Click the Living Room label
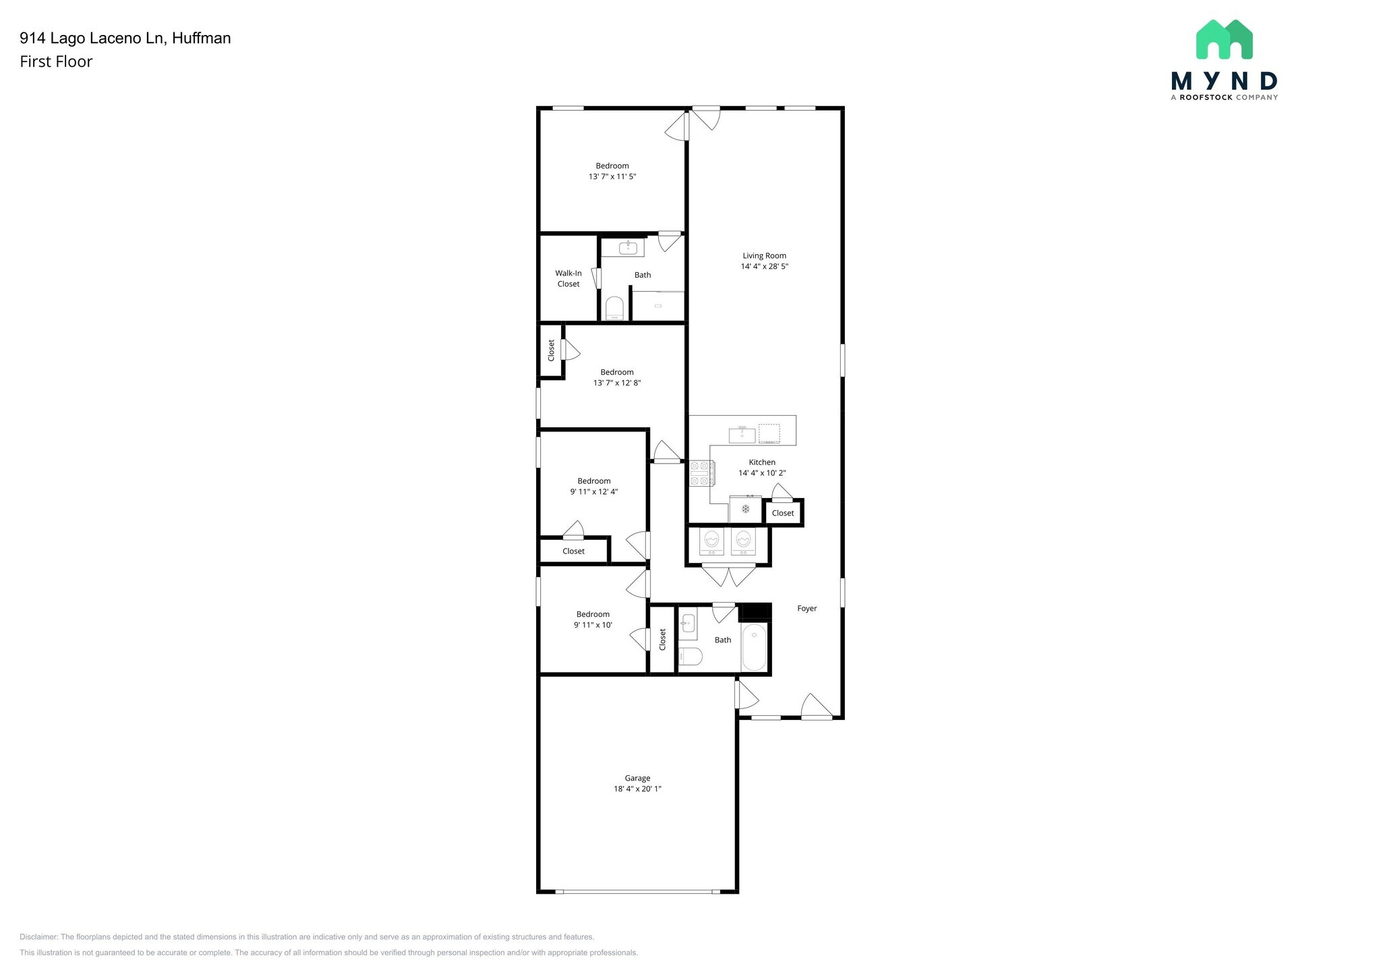click(764, 255)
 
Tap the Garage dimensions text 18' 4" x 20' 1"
click(637, 789)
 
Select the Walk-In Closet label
click(568, 278)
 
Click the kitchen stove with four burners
click(701, 472)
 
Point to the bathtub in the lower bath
click(754, 647)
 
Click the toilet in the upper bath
click(614, 309)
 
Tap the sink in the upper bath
click(628, 248)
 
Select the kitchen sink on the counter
click(742, 434)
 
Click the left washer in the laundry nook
click(711, 541)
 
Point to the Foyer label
click(806, 608)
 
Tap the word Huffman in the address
click(201, 38)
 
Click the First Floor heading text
click(56, 61)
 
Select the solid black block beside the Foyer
click(755, 611)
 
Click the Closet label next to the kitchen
click(782, 513)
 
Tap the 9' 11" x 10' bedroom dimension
click(593, 625)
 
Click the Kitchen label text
click(762, 462)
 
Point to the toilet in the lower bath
click(690, 656)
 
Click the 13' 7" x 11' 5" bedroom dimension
click(612, 177)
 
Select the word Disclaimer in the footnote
click(38, 937)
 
